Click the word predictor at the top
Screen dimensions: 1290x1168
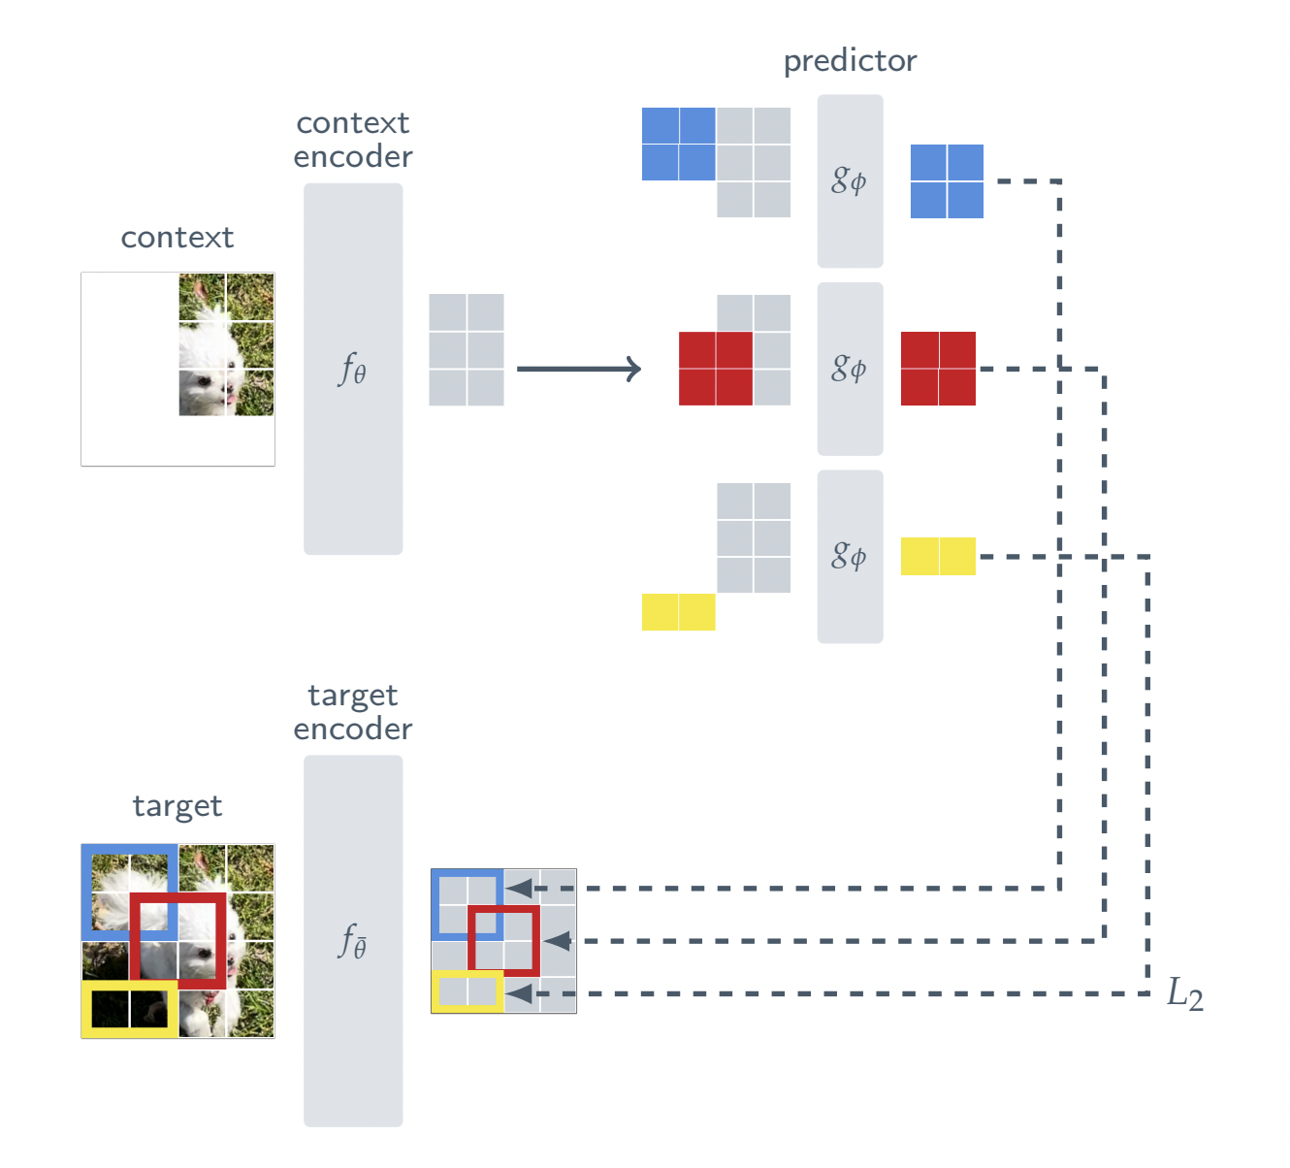850,62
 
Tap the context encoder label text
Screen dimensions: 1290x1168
353,140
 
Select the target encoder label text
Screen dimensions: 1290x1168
353,712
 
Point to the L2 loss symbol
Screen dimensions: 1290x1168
1184,993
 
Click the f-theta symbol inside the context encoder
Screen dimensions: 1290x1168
352,370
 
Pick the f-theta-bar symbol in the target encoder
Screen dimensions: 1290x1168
352,941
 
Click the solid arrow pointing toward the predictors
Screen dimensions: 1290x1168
579,369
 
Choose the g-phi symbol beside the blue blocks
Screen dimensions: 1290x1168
849,180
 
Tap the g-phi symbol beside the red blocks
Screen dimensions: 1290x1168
849,369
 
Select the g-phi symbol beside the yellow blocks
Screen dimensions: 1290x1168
849,556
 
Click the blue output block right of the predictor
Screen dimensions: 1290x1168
947,181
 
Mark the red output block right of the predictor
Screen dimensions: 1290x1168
938,369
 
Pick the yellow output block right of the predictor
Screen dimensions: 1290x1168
938,556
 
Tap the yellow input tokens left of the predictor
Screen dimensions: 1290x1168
678,612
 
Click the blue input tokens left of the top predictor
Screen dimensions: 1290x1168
678,145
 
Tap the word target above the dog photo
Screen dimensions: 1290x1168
177,806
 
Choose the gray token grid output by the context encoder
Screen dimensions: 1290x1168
467,350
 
